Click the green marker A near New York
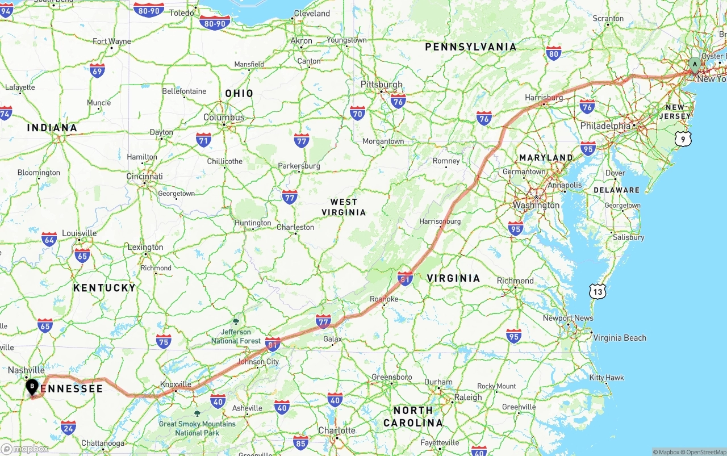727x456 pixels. click(695, 65)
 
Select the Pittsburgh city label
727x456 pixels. click(382, 85)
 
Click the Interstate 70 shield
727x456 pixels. click(357, 112)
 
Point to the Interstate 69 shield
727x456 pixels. click(97, 70)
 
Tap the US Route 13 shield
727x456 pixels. click(598, 292)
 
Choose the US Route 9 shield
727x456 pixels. click(683, 139)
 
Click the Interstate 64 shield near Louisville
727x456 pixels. click(49, 239)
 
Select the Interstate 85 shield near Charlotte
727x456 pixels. click(301, 442)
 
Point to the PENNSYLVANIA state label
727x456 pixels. click(471, 47)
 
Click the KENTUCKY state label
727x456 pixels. click(105, 288)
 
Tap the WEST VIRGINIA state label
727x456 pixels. click(344, 207)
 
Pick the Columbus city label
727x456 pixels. click(224, 118)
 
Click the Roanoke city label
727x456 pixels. click(384, 299)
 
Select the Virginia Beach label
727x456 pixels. click(620, 338)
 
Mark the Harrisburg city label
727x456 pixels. click(544, 98)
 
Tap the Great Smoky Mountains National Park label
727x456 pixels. click(197, 428)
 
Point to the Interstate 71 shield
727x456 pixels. click(203, 140)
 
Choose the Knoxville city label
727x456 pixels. click(176, 384)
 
